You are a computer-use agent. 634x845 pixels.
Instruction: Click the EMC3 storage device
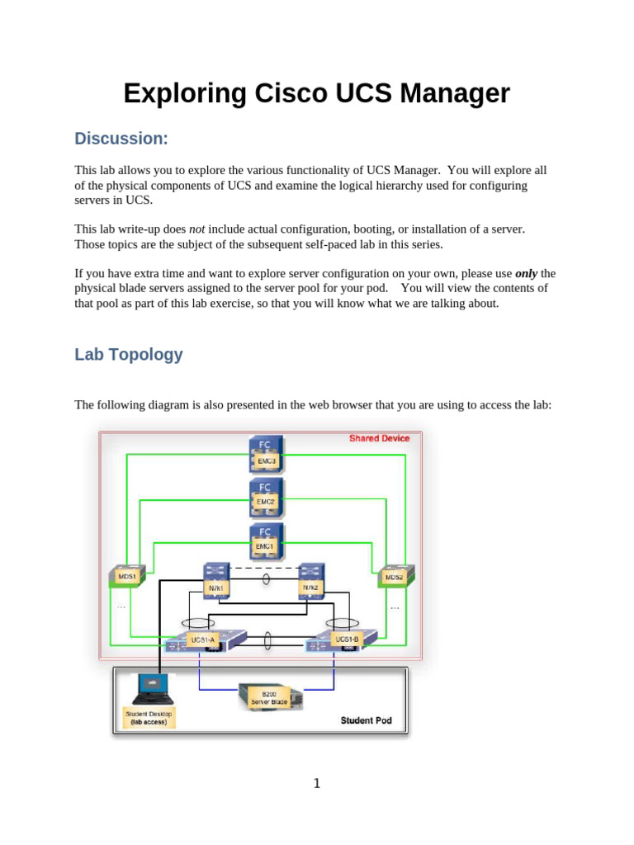(x=267, y=454)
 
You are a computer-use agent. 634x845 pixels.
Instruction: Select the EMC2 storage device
(x=267, y=498)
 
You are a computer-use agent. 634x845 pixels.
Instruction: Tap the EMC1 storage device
(x=267, y=541)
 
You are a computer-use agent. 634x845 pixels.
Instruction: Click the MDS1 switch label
(x=126, y=577)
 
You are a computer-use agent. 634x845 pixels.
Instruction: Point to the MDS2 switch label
(x=394, y=577)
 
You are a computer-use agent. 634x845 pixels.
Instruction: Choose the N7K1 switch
(x=216, y=581)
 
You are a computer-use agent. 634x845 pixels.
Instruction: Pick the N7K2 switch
(x=311, y=581)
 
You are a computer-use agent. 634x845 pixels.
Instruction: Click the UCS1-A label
(x=203, y=640)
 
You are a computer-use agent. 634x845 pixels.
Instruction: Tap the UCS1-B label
(x=348, y=640)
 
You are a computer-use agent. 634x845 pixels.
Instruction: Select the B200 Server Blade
(x=271, y=697)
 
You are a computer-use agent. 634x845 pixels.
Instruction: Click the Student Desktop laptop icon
(x=154, y=689)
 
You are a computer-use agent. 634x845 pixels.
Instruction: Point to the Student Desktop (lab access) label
(x=149, y=718)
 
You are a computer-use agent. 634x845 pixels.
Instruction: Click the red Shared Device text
(x=380, y=438)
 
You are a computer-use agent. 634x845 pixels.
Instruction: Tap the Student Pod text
(x=366, y=720)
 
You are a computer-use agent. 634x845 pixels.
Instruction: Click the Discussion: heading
(x=121, y=139)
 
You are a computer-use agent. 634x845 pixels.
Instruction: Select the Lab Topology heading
(x=128, y=355)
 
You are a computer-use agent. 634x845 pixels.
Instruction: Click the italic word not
(x=196, y=229)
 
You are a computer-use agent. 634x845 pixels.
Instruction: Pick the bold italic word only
(x=526, y=274)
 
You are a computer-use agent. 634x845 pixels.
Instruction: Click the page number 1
(x=317, y=783)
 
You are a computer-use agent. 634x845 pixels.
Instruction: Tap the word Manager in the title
(x=455, y=94)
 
